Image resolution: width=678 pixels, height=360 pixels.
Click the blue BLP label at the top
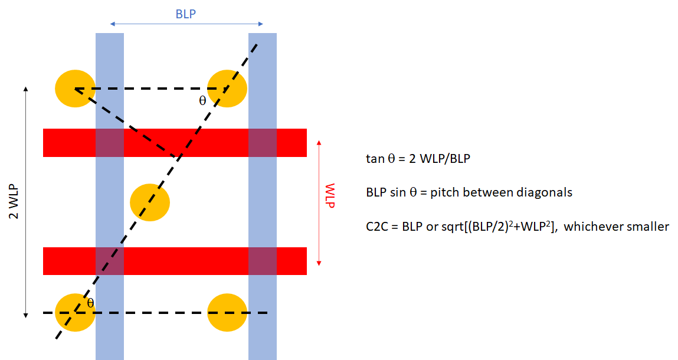(185, 14)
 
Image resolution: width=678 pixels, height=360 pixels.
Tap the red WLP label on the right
(329, 195)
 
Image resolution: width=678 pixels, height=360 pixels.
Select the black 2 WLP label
(14, 202)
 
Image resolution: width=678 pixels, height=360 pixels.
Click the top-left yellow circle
(76, 89)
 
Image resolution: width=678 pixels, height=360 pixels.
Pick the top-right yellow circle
(227, 89)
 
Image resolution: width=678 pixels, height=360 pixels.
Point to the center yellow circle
(150, 202)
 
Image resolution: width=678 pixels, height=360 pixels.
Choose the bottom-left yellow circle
(76, 312)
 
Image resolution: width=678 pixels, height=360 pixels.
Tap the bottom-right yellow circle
(227, 312)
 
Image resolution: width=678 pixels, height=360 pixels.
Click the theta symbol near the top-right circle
(202, 101)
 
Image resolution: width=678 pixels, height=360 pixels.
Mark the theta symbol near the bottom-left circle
(90, 303)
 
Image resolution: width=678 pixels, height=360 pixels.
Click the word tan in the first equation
(375, 159)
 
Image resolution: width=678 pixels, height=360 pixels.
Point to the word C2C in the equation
(377, 227)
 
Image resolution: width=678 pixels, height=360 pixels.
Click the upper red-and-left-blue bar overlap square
(110, 143)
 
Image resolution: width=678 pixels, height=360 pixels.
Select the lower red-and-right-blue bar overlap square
(263, 261)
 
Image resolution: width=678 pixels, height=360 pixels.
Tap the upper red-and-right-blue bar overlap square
(263, 143)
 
